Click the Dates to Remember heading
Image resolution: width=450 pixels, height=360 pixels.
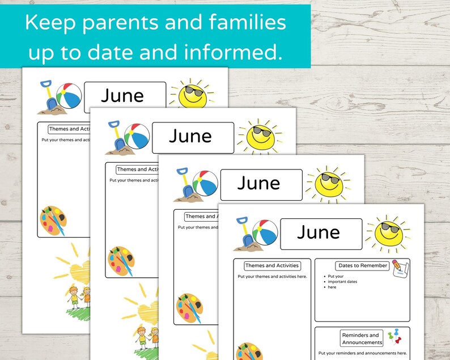(362, 265)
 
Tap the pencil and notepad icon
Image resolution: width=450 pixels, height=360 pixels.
(400, 268)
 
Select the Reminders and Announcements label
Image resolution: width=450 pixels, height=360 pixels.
(360, 338)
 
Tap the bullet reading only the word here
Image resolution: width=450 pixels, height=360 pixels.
(332, 287)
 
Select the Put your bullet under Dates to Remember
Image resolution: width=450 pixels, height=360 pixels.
(337, 276)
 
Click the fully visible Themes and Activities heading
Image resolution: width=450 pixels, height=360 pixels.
(271, 265)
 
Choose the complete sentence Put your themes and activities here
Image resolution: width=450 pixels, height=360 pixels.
(272, 277)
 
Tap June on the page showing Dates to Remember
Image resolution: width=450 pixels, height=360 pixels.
(319, 232)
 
